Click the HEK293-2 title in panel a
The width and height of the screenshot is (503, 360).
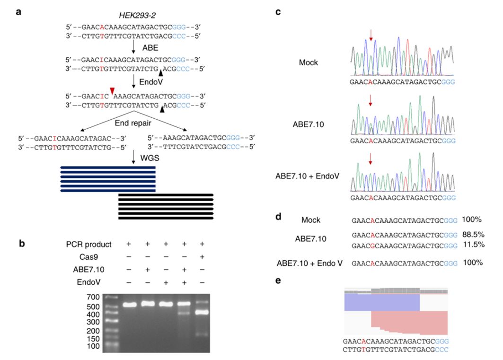tap(137, 15)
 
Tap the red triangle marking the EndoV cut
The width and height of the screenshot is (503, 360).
tap(112, 91)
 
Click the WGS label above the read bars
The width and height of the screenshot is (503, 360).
tap(150, 158)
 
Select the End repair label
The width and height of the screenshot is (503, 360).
tap(133, 123)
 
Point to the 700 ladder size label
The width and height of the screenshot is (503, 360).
tap(93, 297)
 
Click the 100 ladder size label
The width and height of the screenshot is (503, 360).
tap(93, 346)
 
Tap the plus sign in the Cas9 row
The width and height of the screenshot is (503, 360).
tap(202, 257)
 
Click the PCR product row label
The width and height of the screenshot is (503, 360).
tap(88, 244)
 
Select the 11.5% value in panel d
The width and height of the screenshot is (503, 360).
tap(474, 245)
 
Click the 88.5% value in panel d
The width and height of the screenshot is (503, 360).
tap(473, 234)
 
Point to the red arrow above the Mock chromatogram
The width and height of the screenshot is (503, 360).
tap(371, 35)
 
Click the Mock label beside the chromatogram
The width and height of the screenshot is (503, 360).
tap(308, 62)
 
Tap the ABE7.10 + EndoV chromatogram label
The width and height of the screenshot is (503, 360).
tap(307, 176)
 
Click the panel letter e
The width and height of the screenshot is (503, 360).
tap(278, 281)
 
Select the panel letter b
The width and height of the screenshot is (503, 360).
tap(22, 243)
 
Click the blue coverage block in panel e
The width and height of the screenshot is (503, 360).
tap(382, 303)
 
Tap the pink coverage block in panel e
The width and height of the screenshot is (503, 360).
tap(409, 323)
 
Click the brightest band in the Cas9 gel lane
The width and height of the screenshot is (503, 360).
tap(202, 312)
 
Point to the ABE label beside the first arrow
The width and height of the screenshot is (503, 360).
tap(150, 48)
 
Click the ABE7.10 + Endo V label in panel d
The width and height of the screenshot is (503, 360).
tap(309, 263)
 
